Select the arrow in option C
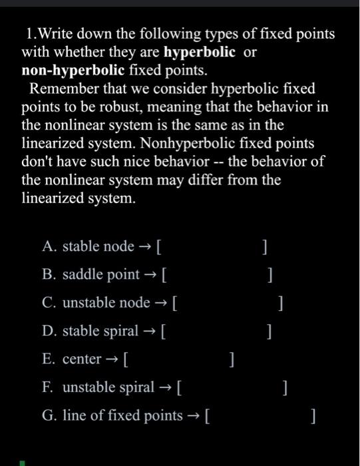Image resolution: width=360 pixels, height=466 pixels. click(162, 303)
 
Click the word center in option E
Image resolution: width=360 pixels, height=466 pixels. click(82, 359)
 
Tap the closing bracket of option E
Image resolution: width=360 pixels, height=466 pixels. click(230, 359)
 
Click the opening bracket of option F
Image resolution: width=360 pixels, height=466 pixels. click(181, 387)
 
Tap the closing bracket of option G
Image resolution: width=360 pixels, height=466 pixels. click(313, 416)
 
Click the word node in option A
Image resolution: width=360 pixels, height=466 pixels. click(120, 247)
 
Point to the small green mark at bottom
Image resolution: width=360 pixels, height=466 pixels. click(21, 462)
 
